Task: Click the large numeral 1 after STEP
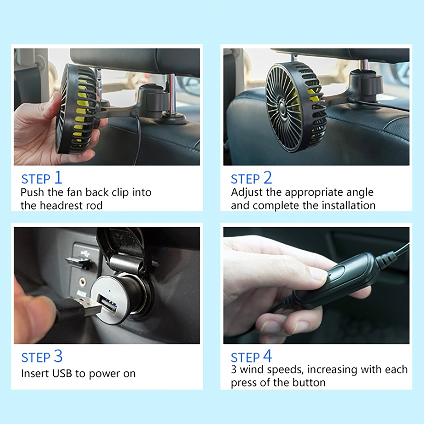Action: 58,177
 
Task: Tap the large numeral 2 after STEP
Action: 268,177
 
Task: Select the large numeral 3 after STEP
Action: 58,356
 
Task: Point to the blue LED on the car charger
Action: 109,291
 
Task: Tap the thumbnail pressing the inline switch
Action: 318,273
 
